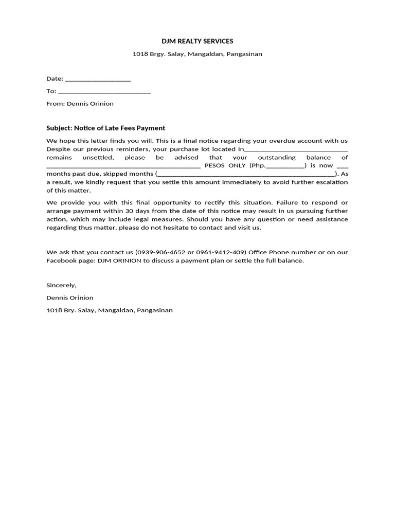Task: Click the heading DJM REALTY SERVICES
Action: coord(197,41)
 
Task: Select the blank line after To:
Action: coord(104,92)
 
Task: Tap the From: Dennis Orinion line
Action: coord(80,104)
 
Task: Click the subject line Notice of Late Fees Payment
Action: coord(105,128)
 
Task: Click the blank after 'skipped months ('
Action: coord(245,175)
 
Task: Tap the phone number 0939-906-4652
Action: coord(158,252)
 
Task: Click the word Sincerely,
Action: coord(61,286)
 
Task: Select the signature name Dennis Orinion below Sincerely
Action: coord(70,298)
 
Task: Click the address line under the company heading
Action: coord(197,54)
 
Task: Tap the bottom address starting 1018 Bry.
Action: coord(110,310)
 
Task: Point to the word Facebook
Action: coord(61,260)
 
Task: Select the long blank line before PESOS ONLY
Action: coord(123,166)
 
